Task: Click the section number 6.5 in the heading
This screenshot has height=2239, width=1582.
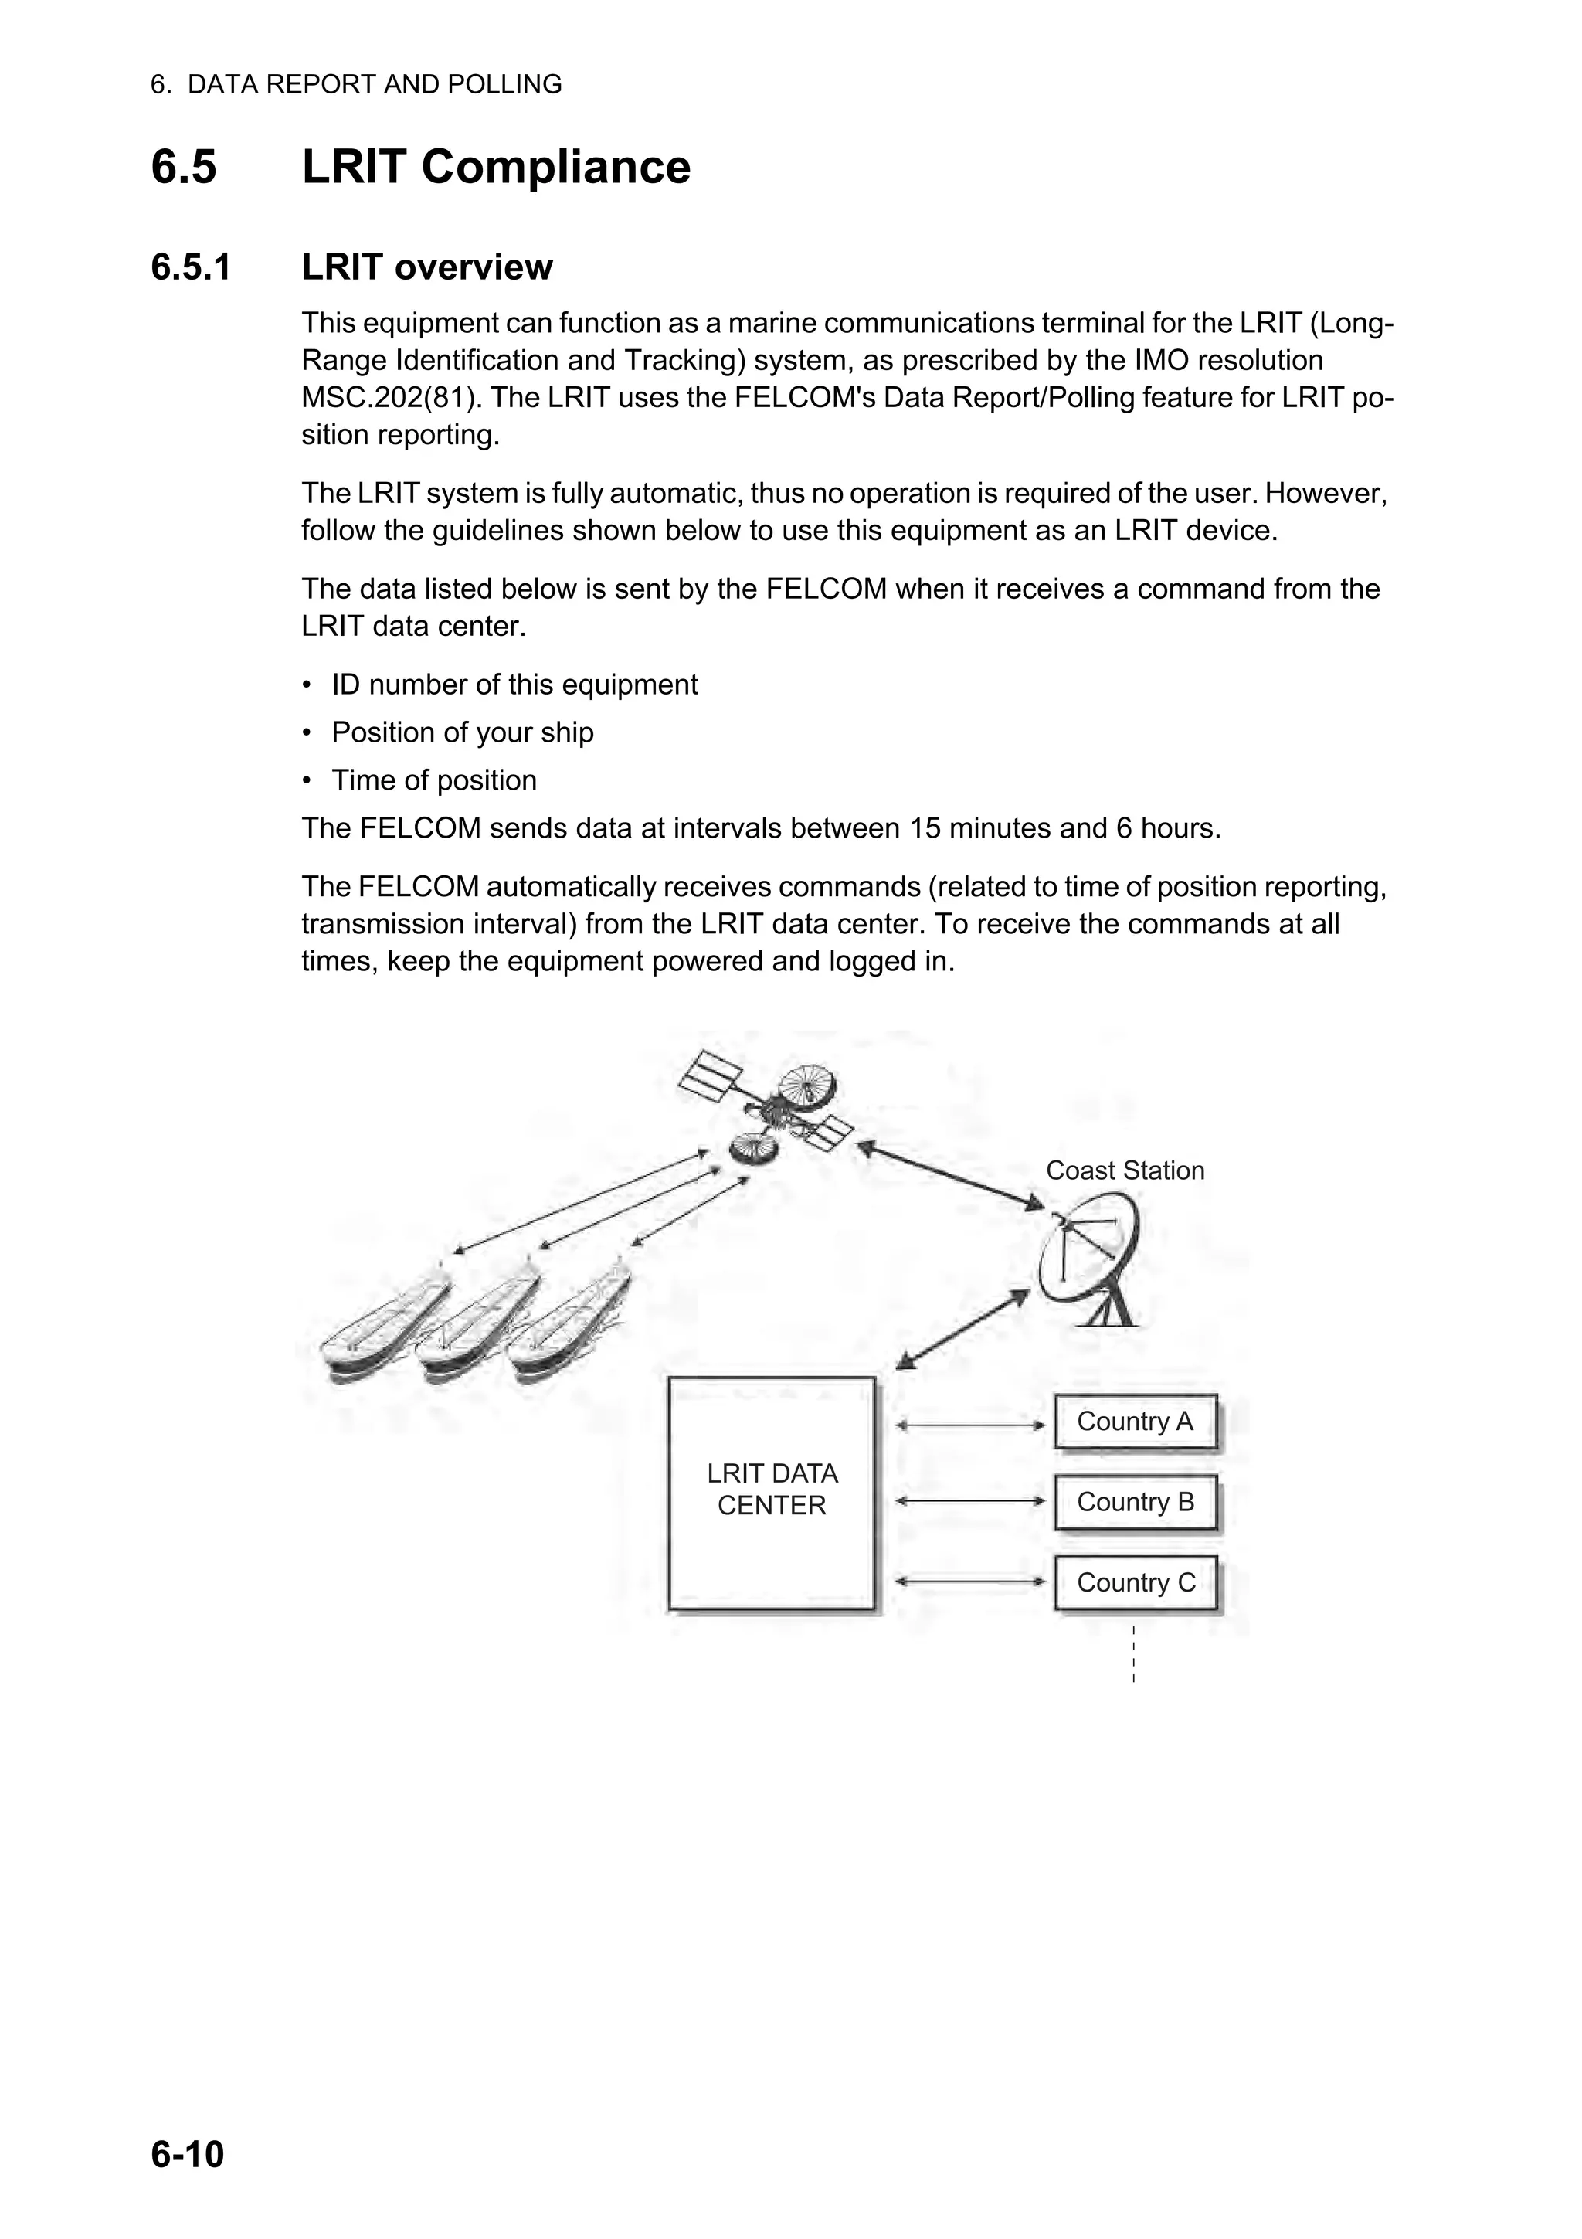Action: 183,167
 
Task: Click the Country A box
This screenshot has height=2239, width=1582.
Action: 1136,1422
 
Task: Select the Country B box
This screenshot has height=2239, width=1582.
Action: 1136,1502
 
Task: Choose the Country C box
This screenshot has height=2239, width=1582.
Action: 1136,1583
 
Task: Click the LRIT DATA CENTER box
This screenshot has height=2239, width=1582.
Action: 771,1493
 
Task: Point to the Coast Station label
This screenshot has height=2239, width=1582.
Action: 1125,1170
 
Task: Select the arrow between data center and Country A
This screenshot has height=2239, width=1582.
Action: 970,1425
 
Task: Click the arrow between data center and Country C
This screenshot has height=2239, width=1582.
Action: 970,1582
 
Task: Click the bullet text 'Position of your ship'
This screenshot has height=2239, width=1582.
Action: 462,732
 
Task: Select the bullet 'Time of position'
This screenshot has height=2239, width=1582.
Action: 434,780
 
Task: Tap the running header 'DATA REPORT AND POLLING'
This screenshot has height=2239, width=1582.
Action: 375,85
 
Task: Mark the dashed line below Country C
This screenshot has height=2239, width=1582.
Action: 1134,1653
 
